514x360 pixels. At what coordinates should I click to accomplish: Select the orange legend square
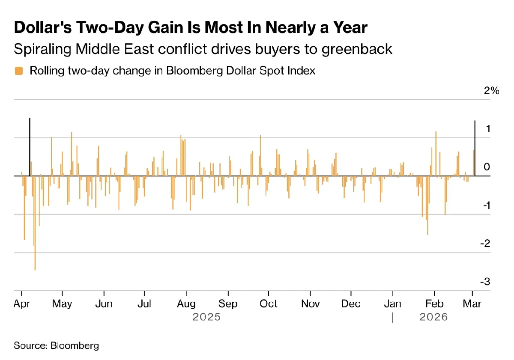(x=18, y=71)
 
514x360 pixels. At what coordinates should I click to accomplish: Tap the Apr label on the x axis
(x=21, y=303)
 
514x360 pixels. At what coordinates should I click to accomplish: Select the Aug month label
(x=186, y=303)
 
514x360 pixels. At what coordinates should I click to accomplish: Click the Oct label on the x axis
(x=269, y=303)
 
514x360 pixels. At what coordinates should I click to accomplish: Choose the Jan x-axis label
(x=392, y=303)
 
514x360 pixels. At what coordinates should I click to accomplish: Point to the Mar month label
(x=472, y=303)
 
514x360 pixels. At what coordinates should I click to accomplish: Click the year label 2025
(x=206, y=317)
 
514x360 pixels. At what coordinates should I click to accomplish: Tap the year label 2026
(x=433, y=317)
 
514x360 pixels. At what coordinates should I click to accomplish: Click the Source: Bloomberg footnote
(x=56, y=345)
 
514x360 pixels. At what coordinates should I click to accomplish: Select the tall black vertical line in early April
(x=30, y=146)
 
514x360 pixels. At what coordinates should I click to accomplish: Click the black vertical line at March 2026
(x=475, y=148)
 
